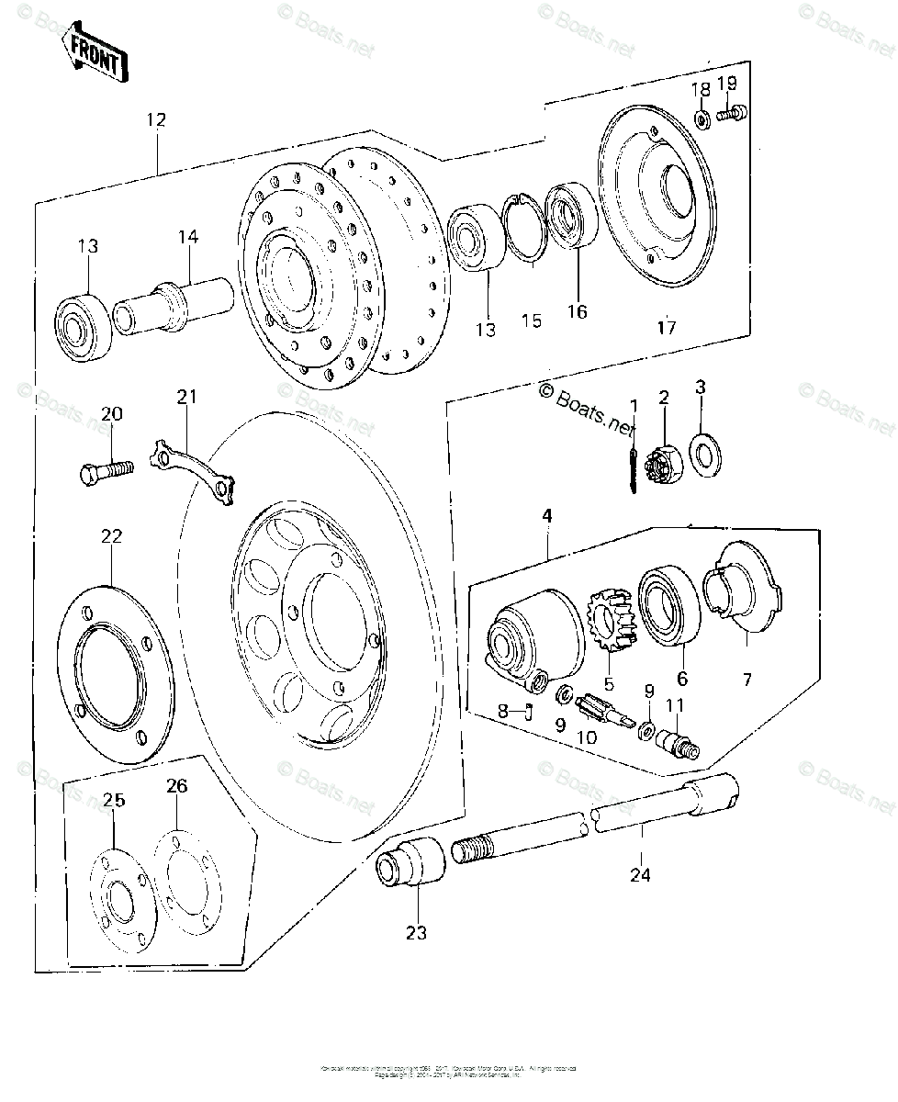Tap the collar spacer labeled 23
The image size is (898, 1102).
point(411,863)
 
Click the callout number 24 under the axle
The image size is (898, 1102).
point(640,874)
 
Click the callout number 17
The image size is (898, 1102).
point(668,327)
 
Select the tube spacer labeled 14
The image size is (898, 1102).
point(174,307)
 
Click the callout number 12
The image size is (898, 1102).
point(155,118)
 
